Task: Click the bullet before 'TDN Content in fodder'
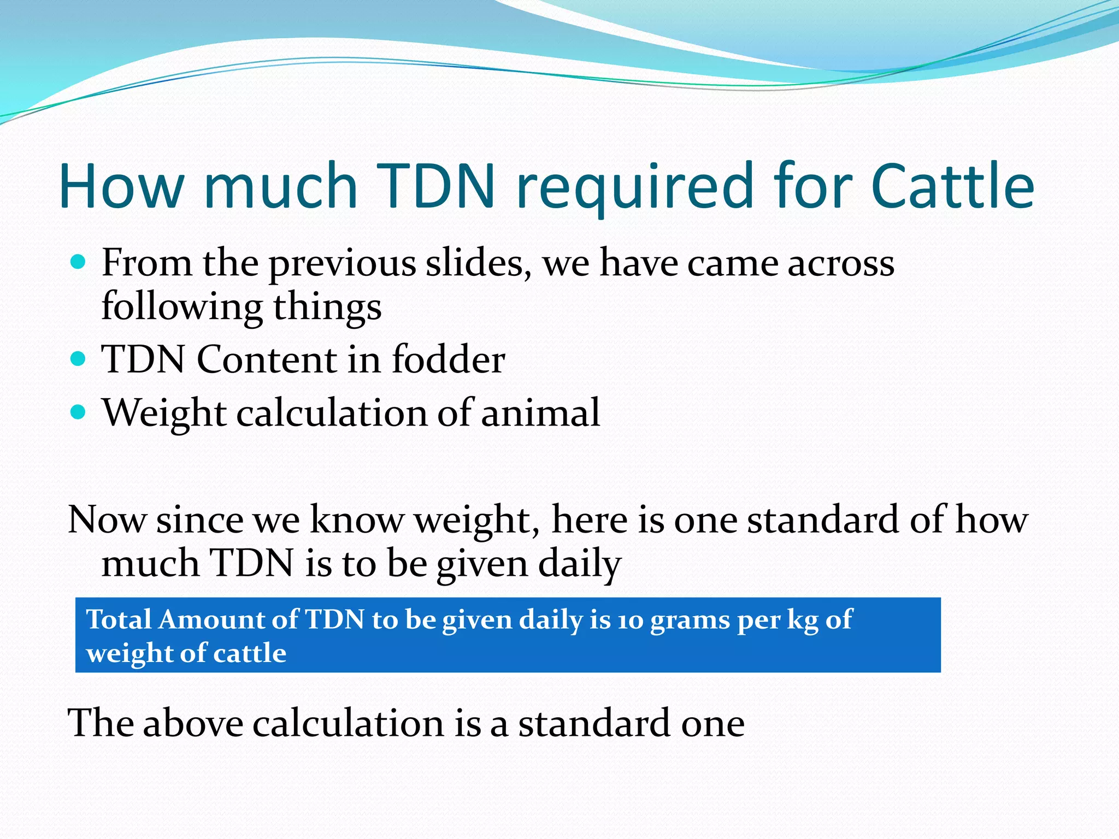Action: [79, 359]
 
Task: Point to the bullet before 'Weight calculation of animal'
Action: [79, 412]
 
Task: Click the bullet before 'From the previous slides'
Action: [79, 262]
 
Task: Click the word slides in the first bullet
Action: [479, 263]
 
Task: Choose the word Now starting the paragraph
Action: [107, 519]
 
